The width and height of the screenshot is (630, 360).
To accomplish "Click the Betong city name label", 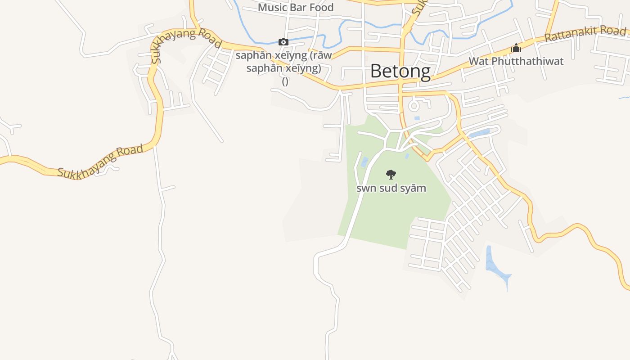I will point(400,71).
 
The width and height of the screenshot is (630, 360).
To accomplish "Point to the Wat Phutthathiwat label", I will point(516,61).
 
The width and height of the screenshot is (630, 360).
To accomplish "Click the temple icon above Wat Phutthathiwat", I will point(516,48).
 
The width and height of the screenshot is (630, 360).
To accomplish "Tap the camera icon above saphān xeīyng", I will point(283,42).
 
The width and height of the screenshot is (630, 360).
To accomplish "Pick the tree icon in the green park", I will point(391,174).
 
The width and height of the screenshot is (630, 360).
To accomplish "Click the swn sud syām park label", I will point(391,188).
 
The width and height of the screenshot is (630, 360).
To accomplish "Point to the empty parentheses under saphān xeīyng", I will point(285,82).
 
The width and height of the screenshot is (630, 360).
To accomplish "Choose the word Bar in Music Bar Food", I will point(299,8).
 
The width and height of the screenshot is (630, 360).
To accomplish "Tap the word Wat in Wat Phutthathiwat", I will point(479,61).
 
